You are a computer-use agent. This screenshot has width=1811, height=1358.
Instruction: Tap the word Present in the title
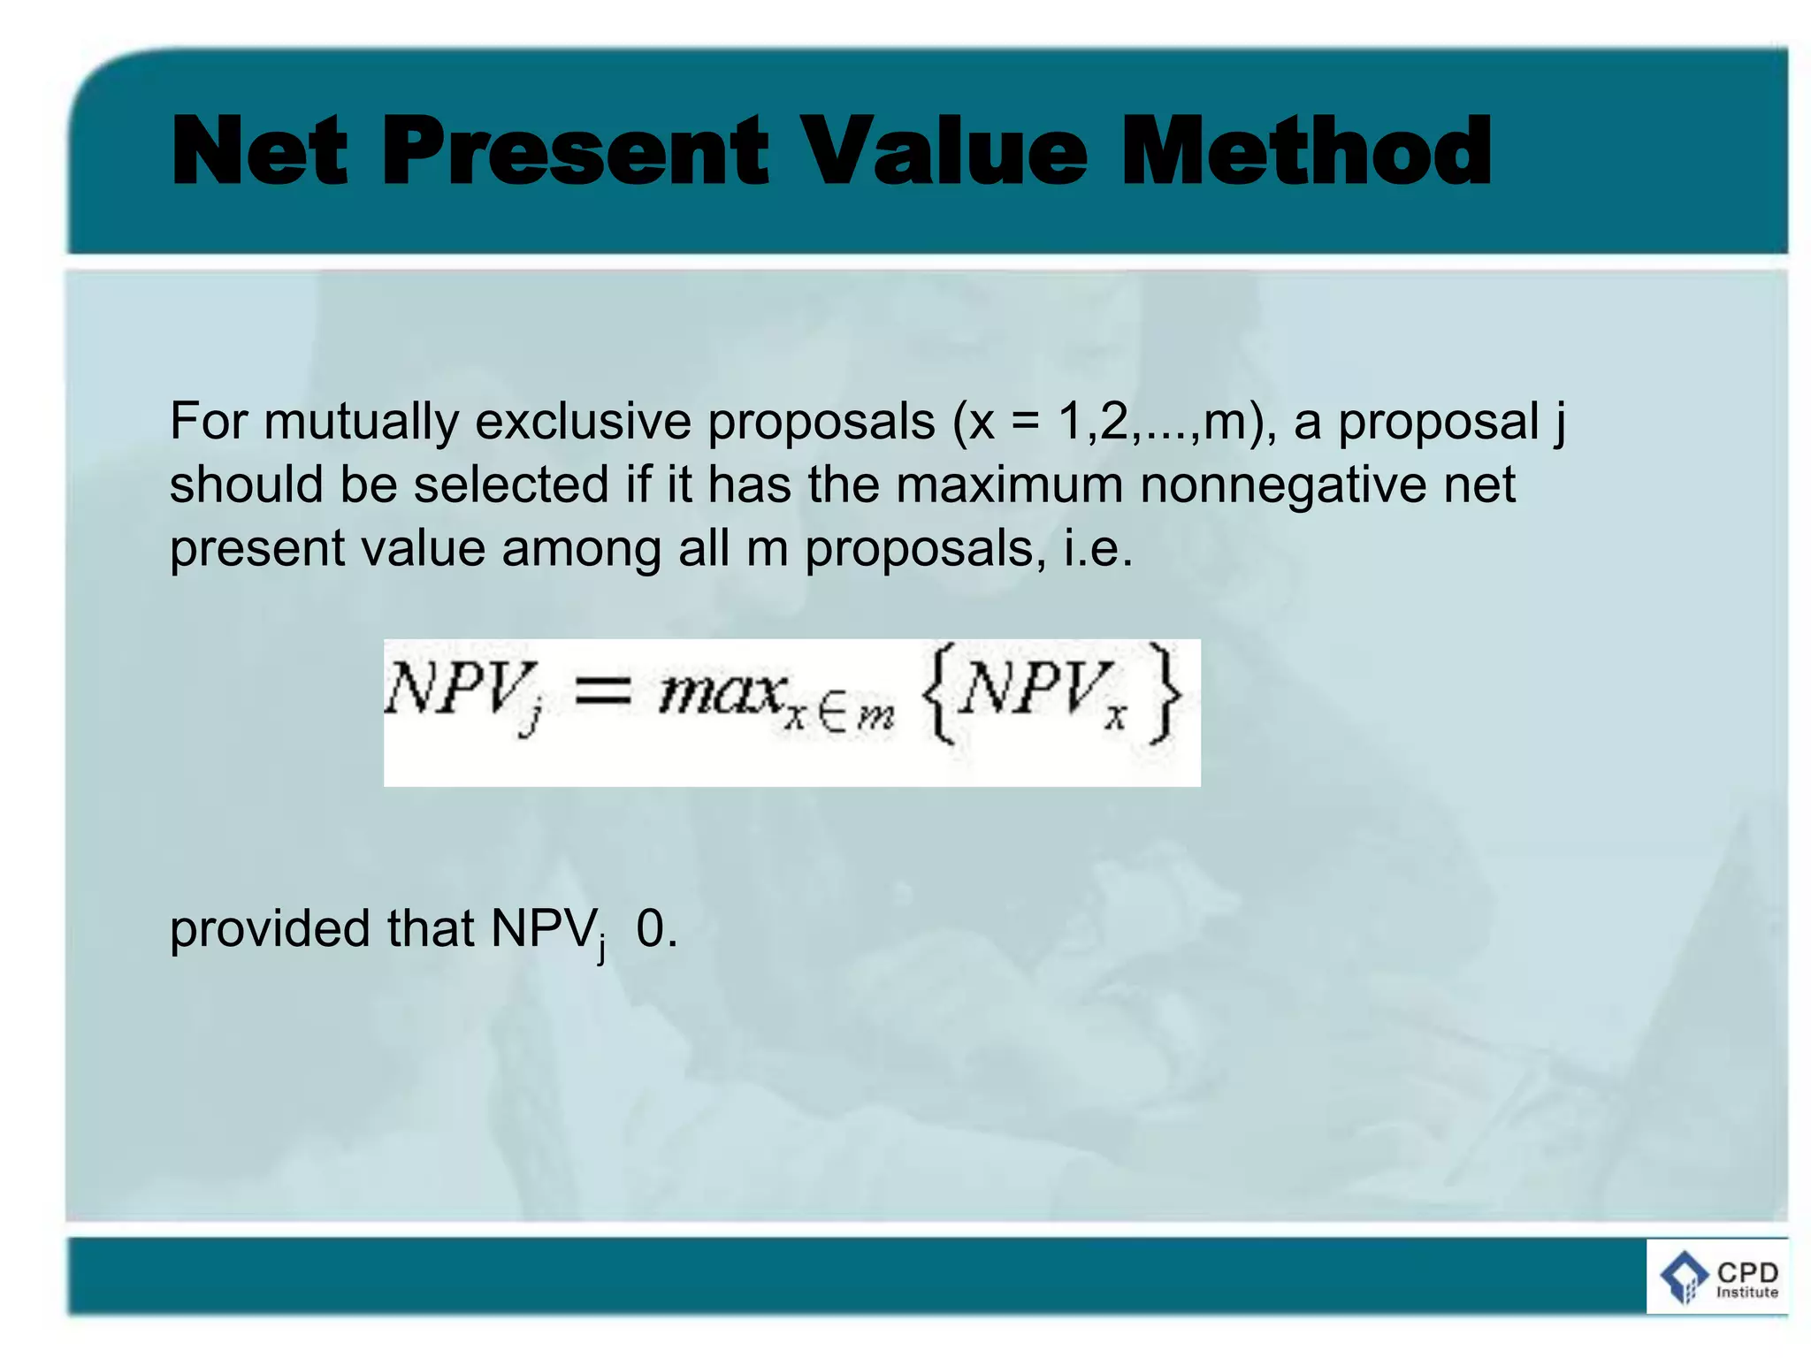tap(575, 152)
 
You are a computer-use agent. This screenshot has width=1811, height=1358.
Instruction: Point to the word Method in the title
tap(1307, 152)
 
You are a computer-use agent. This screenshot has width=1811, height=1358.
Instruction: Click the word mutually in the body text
tap(361, 423)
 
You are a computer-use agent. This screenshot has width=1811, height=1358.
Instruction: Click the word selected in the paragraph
tap(512, 485)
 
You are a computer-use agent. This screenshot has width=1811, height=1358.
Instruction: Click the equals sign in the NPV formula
tap(604, 692)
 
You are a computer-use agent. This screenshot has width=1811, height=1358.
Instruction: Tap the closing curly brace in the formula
tap(1166, 694)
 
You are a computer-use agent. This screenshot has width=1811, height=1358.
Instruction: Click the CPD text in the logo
tap(1746, 1272)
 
